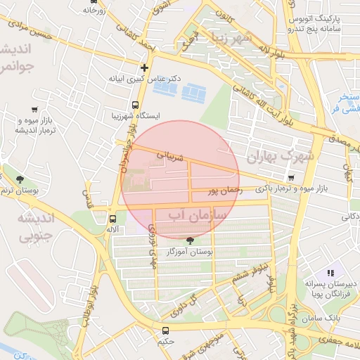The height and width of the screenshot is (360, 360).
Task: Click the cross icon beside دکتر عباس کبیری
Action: point(144,68)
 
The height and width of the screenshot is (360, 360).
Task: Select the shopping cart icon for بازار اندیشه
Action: point(35,109)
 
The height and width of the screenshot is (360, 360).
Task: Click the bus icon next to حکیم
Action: point(165,330)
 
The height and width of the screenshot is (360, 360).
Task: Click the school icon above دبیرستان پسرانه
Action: point(330,273)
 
